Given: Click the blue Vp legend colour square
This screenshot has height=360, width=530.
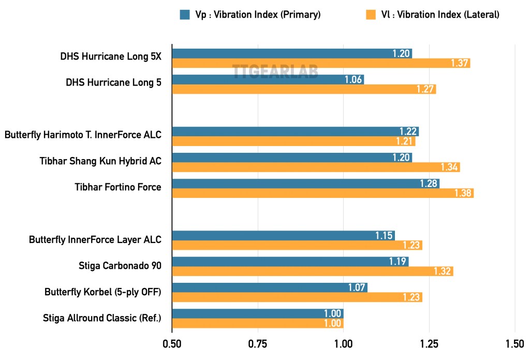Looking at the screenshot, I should click(x=185, y=15).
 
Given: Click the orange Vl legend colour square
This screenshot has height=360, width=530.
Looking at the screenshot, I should click(x=371, y=15).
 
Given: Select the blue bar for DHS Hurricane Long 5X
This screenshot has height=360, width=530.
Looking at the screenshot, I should click(x=292, y=53).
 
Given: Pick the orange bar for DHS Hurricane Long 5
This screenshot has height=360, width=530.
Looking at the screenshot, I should click(x=304, y=89).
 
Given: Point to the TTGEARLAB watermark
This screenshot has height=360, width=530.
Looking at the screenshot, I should click(x=275, y=71).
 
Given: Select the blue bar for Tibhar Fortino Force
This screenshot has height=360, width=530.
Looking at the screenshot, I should click(x=305, y=183).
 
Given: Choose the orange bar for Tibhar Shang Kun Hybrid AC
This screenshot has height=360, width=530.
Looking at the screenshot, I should click(x=316, y=167).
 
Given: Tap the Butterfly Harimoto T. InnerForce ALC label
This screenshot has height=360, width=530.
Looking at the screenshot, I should click(x=83, y=135).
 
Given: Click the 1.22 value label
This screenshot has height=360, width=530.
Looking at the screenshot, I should click(x=408, y=131).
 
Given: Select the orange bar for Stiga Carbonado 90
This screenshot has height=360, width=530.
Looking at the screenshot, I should click(x=313, y=271).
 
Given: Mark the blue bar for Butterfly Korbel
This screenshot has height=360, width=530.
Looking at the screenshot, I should click(x=270, y=287).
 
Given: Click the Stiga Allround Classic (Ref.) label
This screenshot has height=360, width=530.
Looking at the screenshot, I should click(x=102, y=318).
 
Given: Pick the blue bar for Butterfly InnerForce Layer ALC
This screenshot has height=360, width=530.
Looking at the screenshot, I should click(x=283, y=236).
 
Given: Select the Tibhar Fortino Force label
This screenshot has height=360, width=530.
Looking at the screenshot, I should click(x=118, y=187).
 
